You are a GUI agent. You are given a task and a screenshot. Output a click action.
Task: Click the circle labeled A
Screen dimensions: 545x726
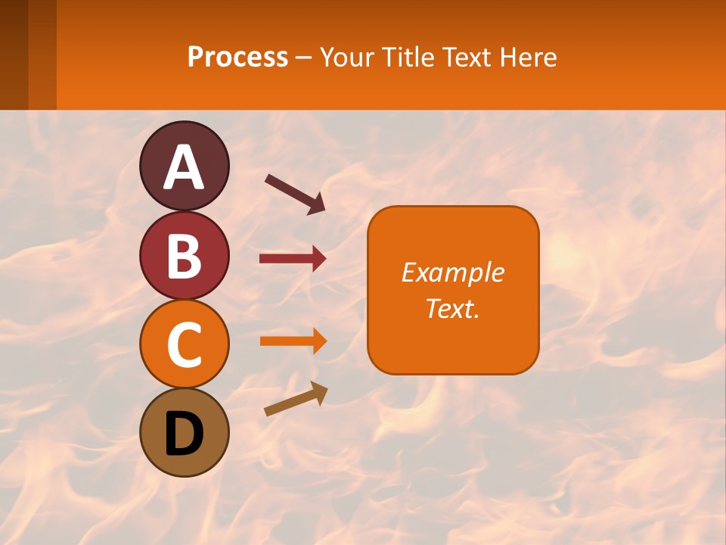pos(184,166)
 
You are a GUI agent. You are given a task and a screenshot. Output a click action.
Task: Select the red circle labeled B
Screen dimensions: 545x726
pos(184,255)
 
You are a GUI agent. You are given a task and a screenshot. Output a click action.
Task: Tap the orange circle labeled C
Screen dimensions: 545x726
pos(184,344)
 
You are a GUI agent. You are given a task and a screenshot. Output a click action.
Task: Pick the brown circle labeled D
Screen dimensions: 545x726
pos(184,433)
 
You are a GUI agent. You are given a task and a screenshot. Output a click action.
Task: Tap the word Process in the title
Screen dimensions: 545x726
pos(237,57)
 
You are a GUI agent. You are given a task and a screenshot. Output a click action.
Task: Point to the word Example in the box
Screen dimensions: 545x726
pos(452,272)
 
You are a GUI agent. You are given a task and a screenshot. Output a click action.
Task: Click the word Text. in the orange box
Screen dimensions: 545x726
pos(452,308)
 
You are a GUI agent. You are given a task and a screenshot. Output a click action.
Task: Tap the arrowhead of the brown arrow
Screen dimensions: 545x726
pos(319,392)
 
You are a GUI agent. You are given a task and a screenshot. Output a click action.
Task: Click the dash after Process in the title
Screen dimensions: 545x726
pos(304,58)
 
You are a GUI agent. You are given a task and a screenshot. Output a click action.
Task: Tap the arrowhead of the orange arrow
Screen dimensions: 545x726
pos(319,341)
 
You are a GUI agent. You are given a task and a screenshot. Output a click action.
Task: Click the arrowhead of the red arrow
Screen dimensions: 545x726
pos(319,259)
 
